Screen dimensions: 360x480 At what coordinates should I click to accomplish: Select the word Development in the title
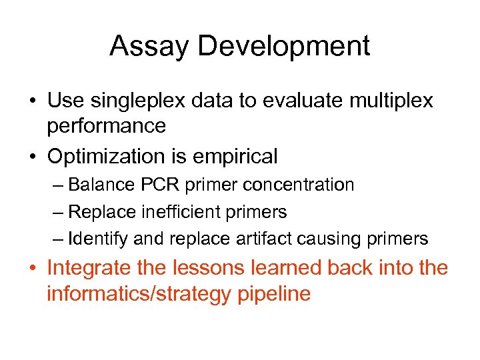(283, 47)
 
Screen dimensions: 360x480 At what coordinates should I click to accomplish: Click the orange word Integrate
(95, 269)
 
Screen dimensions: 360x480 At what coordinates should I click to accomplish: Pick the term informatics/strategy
(139, 293)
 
